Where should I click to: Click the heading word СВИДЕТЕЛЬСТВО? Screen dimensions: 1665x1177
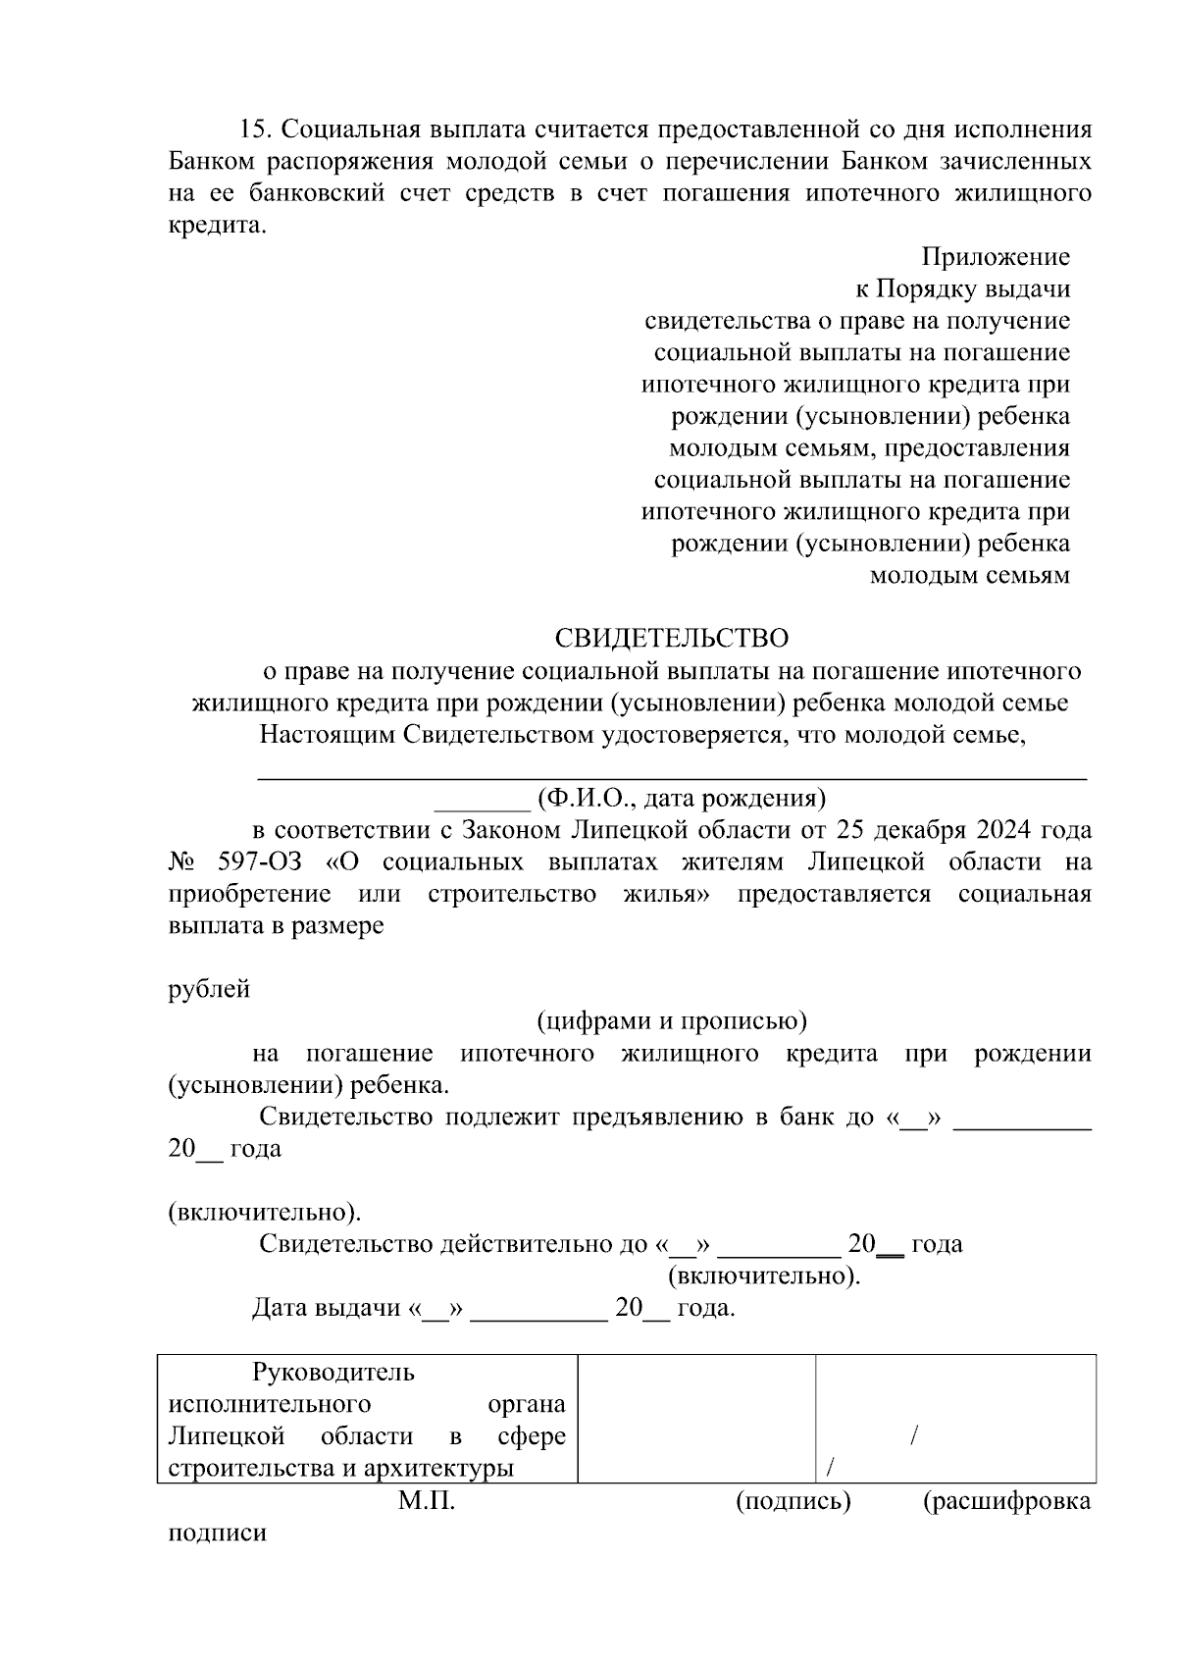[x=671, y=639]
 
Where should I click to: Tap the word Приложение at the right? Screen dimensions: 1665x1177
[x=995, y=258]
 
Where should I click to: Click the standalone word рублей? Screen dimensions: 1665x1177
[x=209, y=989]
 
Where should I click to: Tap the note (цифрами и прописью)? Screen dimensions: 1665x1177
[x=671, y=1021]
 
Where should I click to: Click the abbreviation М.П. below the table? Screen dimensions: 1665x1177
[x=427, y=1501]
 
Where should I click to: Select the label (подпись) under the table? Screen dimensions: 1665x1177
[x=793, y=1501]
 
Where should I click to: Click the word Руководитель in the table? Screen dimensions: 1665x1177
[x=333, y=1373]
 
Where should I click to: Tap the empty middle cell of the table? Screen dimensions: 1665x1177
[x=695, y=1418]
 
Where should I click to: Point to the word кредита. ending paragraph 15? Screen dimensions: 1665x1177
[x=217, y=226]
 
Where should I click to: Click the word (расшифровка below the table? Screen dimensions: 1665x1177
[x=1006, y=1501]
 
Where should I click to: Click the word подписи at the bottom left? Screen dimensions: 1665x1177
[x=217, y=1533]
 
